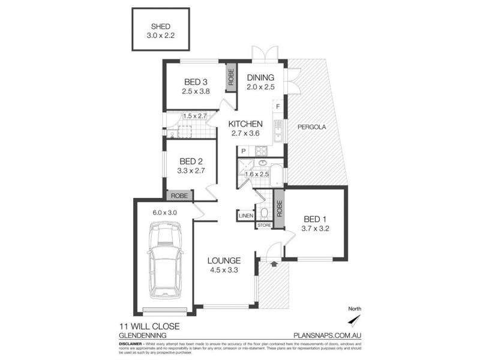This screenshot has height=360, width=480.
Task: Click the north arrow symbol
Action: tap(355, 317)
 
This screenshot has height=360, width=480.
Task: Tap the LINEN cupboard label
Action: tap(245, 215)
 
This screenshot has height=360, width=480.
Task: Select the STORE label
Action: tap(264, 225)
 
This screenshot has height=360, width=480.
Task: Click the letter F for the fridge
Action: tap(277, 107)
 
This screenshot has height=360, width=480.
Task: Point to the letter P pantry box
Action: tap(244, 151)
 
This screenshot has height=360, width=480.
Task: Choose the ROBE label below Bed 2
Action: tap(179, 196)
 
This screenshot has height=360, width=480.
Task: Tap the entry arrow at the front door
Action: tap(274, 262)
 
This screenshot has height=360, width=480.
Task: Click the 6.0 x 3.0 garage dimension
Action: tap(166, 212)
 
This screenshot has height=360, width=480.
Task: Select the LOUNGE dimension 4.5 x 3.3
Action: tap(224, 270)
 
